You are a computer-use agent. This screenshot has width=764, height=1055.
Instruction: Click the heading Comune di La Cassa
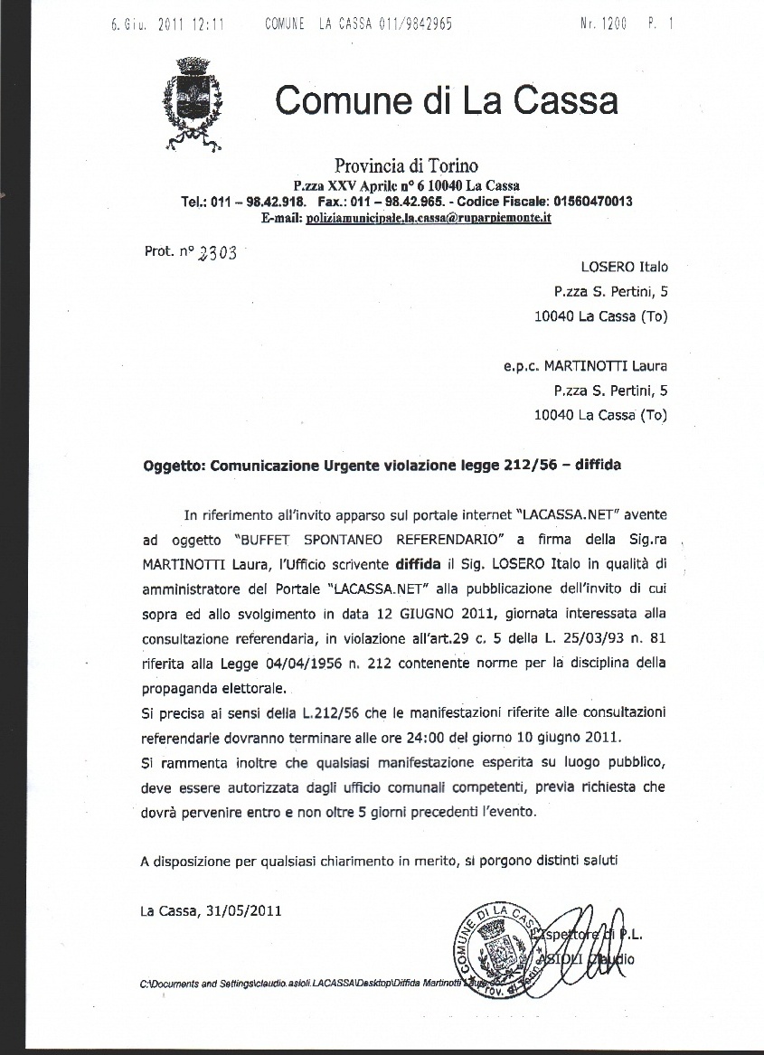tap(447, 99)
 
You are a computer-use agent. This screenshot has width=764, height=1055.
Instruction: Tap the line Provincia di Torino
tap(406, 165)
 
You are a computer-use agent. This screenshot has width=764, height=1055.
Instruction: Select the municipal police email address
tap(429, 218)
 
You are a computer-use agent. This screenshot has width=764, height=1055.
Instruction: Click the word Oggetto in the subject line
tap(173, 466)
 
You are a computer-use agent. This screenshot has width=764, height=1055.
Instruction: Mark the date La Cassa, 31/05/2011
tap(211, 910)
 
